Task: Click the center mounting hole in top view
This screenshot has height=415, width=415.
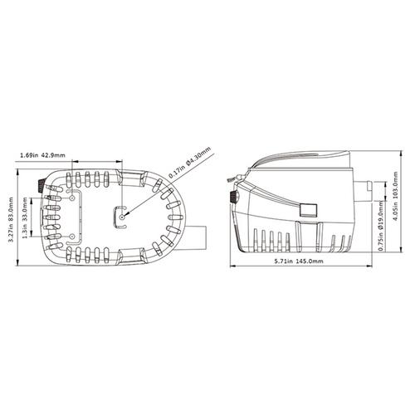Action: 123,217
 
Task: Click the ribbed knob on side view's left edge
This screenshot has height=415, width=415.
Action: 235,198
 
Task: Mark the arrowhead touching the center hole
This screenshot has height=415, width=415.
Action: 126,213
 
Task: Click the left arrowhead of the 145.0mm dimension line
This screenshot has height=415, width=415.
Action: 232,267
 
